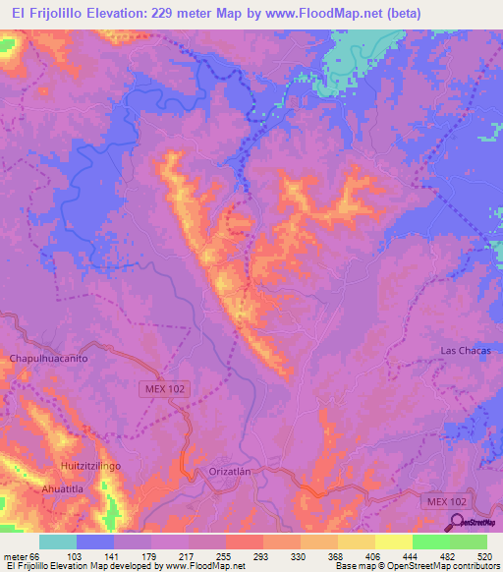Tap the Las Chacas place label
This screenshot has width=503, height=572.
point(465,351)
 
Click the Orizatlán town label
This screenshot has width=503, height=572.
point(232,472)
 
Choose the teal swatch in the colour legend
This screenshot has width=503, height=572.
point(58,543)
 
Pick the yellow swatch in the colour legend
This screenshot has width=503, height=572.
point(393,543)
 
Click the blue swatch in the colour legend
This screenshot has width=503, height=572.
point(95,543)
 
